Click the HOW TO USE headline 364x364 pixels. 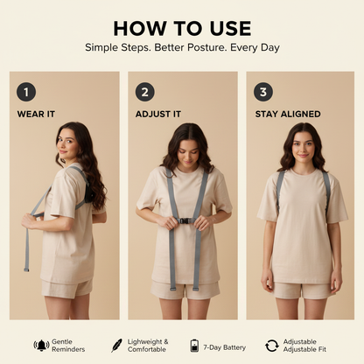pos(182,29)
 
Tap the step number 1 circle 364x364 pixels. pos(26,92)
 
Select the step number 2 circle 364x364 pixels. pos(145,92)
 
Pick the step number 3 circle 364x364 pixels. pos(263,92)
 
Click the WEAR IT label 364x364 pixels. pos(36,114)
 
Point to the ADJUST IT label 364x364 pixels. pos(158,114)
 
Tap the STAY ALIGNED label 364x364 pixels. pos(288,114)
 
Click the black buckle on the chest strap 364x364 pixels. pos(184,220)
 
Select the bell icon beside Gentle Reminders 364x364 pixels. pos(41,346)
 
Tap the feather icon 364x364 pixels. pos(116,346)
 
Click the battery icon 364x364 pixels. pos(194,346)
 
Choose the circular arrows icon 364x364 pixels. pos(272,346)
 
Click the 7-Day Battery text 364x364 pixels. pos(225,347)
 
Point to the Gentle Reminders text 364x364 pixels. pos(68,346)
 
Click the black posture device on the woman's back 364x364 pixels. pos(89,192)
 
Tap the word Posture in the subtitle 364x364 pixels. pos(206,47)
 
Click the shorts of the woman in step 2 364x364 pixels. pos(185,290)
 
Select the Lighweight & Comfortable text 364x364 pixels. pos(148,346)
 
